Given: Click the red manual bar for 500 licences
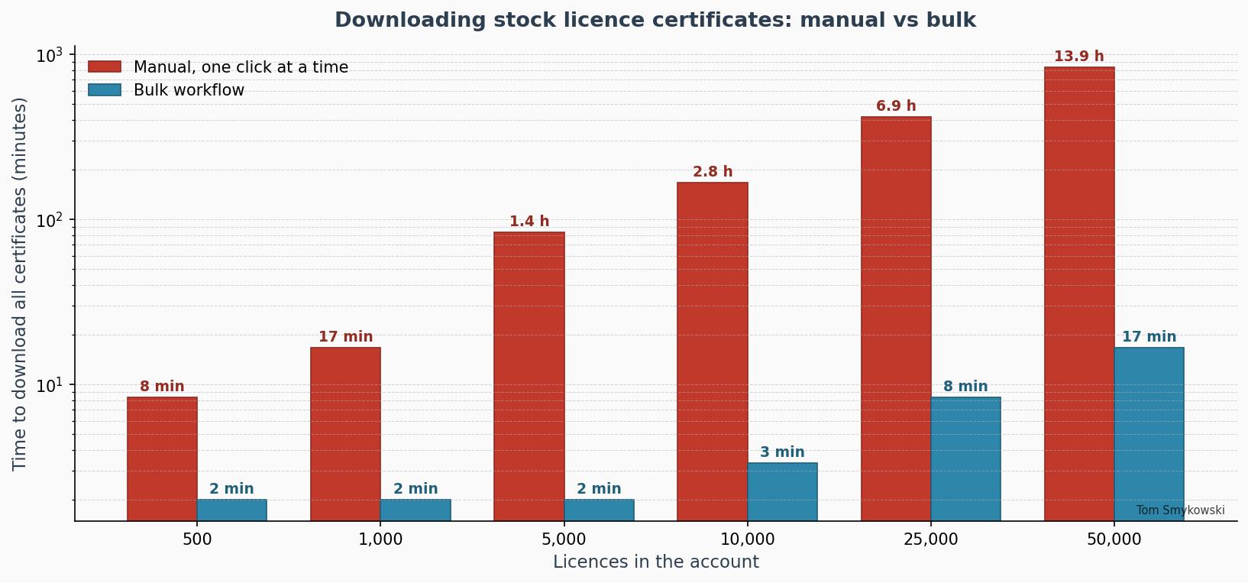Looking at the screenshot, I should coord(162,458).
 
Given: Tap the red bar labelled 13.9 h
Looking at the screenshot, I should coord(1079,290).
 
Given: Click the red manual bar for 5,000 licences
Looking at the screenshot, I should coord(529,374).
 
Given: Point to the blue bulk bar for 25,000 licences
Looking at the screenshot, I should coord(965,458).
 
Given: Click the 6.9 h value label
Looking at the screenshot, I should coord(896,106).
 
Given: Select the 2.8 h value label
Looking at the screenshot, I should coord(713,172).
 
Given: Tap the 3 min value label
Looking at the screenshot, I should coord(782,452).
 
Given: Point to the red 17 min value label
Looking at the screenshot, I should coord(345,337).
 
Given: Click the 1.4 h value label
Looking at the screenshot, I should coord(529,222).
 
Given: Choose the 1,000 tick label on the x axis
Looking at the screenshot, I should coord(380,539).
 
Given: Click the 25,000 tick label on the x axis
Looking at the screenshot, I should coord(930,539).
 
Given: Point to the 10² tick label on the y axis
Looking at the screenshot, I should coord(49,222).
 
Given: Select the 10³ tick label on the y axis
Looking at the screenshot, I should coord(49,57).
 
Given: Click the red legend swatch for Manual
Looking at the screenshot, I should coord(105,67).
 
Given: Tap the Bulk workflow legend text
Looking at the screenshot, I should coord(189,90).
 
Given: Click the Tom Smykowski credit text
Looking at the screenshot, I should coord(1180,510).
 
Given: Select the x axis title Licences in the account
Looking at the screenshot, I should coord(655,562).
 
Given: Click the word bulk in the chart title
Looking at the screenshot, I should coord(952,20).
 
